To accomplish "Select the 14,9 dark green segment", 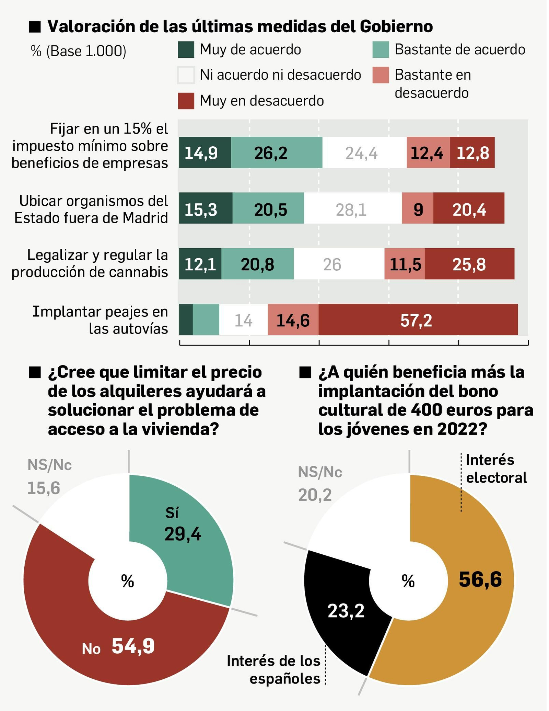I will tap(205, 153).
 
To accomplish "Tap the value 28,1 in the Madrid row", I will tap(351, 209).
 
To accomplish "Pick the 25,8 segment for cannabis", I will tap(469, 264).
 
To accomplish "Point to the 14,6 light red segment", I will tap(293, 320).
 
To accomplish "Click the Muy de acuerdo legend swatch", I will tap(186, 49).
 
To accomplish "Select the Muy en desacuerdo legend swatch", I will tap(186, 101).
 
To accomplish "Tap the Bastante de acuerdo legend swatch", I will tap(381, 49).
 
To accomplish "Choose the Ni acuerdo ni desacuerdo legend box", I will tap(186, 75).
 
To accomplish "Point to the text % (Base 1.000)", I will tap(79, 51).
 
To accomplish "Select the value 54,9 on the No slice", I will tap(133, 646).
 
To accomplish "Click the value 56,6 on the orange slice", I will tap(480, 579).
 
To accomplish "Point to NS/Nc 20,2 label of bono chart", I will tap(319, 483).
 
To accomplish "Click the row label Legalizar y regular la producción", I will tap(90, 263).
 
